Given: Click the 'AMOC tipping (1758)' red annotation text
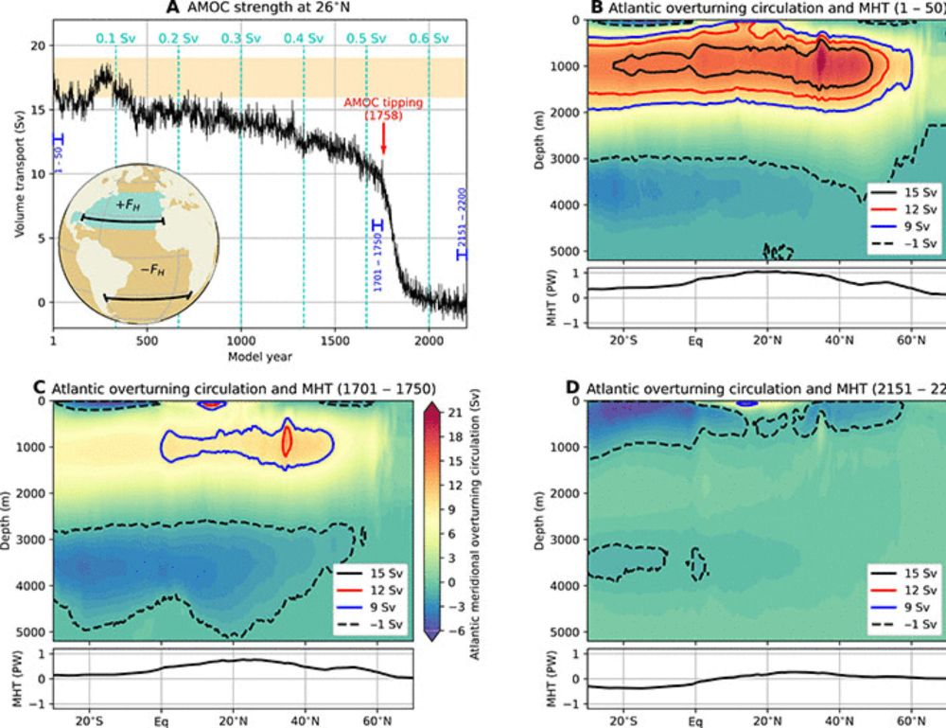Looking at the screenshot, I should point(382,108).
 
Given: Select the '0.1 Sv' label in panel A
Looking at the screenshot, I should point(114,40).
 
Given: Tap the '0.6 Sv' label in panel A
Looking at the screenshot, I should point(429,40).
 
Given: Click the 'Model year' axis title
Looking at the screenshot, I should point(259,357).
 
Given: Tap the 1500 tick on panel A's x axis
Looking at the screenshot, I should point(335,342).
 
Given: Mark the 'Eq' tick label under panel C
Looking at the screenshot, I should point(162,717).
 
